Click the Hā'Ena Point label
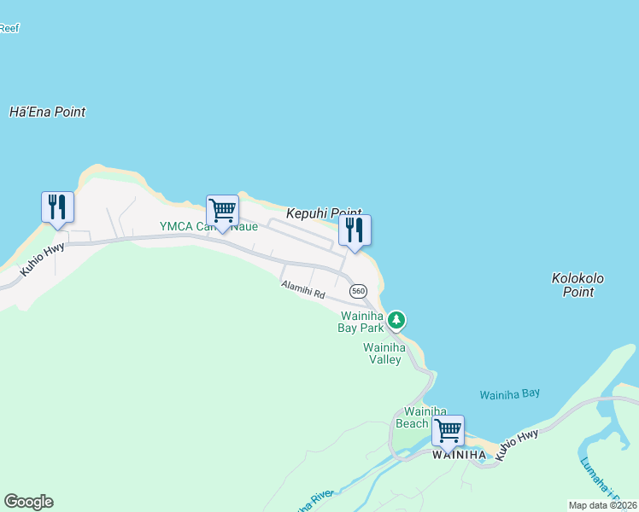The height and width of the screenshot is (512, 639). [47, 112]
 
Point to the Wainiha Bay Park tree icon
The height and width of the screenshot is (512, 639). [396, 321]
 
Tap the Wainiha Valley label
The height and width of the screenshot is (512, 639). [382, 353]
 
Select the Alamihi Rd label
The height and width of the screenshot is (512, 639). [303, 290]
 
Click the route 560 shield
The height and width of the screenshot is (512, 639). [359, 291]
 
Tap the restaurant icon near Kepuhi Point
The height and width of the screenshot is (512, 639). [355, 230]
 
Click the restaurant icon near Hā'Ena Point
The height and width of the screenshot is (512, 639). [57, 207]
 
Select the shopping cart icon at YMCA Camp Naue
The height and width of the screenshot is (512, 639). [222, 210]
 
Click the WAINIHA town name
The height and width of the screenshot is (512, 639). [459, 455]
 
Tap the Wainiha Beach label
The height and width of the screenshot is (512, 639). [412, 417]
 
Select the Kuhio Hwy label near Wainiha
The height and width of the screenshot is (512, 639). [518, 445]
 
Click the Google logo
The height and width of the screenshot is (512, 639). [28, 502]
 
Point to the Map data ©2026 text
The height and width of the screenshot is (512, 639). [602, 505]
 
